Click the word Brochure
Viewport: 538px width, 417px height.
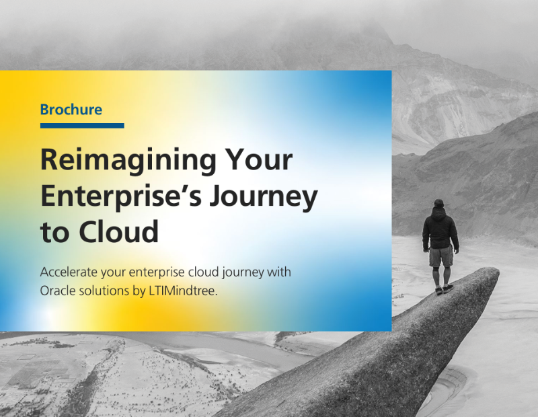pos(71,110)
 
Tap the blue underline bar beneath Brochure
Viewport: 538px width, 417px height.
pos(82,126)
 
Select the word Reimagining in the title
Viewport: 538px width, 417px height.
pos(128,161)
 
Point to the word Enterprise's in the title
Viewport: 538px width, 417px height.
pos(121,197)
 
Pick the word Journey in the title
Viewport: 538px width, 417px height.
pos(264,197)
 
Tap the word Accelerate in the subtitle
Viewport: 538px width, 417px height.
pos(69,272)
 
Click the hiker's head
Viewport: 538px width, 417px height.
pos(439,203)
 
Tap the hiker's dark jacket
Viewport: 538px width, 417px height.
pos(440,229)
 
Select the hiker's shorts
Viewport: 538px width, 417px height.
pos(441,256)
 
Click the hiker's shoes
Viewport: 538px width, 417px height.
pos(444,289)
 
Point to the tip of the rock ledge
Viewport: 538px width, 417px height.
pos(497,271)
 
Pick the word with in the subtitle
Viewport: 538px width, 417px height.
pos(279,272)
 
